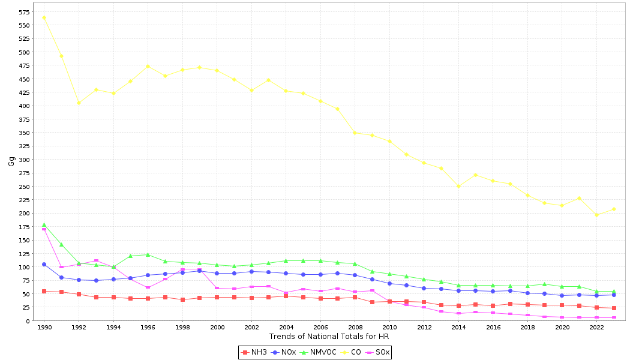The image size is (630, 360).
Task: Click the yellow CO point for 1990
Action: click(44, 17)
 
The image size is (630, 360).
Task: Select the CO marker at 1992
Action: click(79, 103)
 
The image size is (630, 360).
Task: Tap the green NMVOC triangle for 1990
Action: click(44, 225)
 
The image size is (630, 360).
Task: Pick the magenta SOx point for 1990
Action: click(44, 229)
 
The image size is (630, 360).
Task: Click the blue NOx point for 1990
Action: click(44, 265)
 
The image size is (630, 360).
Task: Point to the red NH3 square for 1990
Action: click(44, 291)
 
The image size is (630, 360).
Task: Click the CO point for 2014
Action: click(458, 186)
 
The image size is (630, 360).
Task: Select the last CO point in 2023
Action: click(614, 209)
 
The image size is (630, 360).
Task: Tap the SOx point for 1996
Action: click(148, 287)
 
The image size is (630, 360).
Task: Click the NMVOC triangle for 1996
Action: click(148, 254)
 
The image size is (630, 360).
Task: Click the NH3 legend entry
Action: click(255, 352)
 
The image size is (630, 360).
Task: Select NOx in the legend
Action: click(284, 352)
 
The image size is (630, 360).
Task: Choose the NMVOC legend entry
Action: click(318, 352)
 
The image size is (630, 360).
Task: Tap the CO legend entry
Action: click(352, 352)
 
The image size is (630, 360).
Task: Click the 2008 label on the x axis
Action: click(355, 328)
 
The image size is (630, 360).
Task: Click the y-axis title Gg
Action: click(11, 161)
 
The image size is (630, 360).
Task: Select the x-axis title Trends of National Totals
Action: click(329, 337)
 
